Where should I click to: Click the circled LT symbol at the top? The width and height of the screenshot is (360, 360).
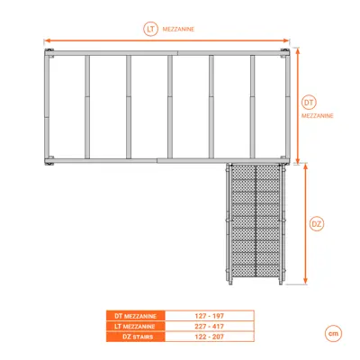(150, 29)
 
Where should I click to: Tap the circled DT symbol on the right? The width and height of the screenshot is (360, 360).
(309, 103)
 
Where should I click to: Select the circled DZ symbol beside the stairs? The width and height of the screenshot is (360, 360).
(317, 224)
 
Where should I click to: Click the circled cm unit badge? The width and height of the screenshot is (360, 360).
(333, 333)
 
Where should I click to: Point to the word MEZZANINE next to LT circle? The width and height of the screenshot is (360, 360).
(178, 30)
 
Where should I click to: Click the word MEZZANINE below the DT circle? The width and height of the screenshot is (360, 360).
(318, 116)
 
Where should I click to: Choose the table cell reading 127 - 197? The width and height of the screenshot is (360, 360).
(210, 316)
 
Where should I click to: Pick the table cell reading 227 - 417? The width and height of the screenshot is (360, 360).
(210, 327)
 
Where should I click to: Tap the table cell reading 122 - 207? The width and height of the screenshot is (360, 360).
(210, 337)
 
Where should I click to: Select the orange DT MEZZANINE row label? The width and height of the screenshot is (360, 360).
(136, 316)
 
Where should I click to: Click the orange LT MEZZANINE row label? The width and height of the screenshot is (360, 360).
(136, 327)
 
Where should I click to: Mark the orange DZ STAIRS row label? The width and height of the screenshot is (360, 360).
(136, 337)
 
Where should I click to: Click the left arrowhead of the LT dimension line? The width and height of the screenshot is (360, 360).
(46, 40)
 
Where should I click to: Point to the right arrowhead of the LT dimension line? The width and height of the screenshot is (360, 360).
(287, 40)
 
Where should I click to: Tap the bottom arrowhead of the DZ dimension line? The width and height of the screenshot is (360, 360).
(305, 282)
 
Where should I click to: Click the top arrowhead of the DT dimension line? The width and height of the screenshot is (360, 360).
(298, 50)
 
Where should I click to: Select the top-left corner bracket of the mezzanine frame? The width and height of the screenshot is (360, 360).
(49, 53)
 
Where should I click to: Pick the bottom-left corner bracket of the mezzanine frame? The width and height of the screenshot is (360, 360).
(49, 160)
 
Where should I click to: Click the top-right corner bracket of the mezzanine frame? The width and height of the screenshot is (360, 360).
(285, 53)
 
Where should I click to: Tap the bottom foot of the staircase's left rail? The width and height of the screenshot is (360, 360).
(230, 282)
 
